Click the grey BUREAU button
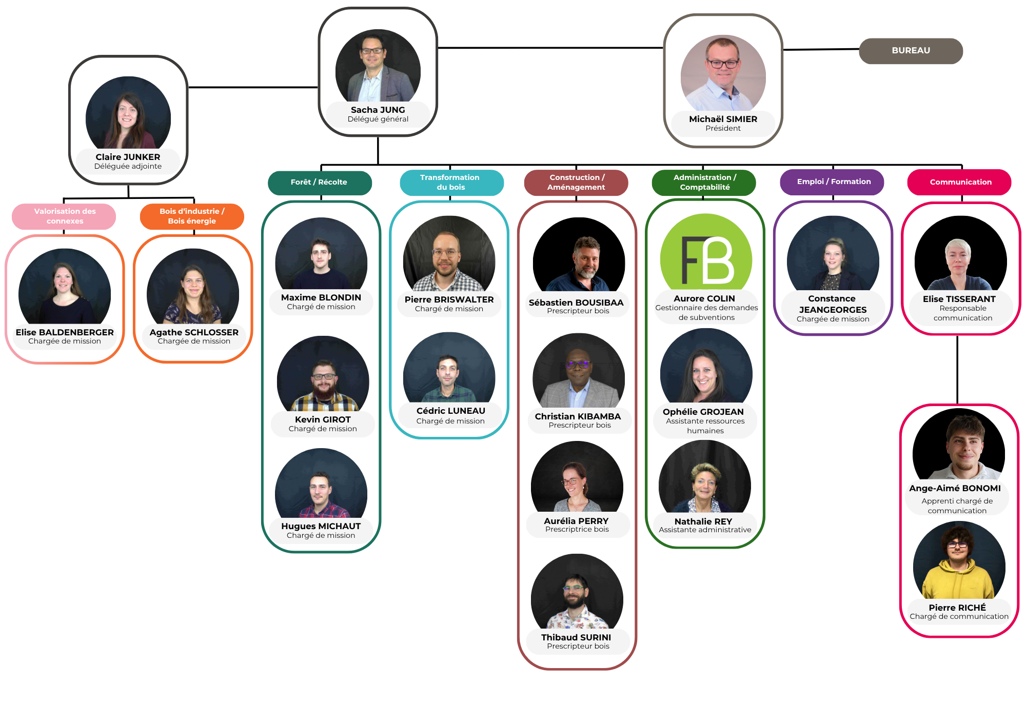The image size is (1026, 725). pos(911,51)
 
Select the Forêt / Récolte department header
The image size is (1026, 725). pos(319,183)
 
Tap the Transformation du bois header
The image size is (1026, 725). pos(450,183)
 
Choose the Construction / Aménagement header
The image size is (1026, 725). pos(576,183)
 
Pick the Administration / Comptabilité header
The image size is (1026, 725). pos(704,183)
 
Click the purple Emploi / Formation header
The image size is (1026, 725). pos(833,182)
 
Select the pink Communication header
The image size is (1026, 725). pos(960,182)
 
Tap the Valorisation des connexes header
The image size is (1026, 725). pos(64,216)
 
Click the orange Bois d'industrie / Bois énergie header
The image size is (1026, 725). pos(192,216)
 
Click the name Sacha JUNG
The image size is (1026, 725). pos(378,110)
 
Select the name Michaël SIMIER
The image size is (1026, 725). pos(723,119)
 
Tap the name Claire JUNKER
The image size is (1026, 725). pos(128,157)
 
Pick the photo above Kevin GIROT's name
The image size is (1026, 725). pos(323,374)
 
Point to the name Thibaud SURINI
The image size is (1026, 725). pos(576,637)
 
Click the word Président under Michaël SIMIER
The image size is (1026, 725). pos(723,128)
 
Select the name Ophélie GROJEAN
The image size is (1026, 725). pos(703,412)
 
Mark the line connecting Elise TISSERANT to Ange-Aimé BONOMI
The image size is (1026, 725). pos(957,369)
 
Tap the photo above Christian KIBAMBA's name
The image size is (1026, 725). pos(579,371)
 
